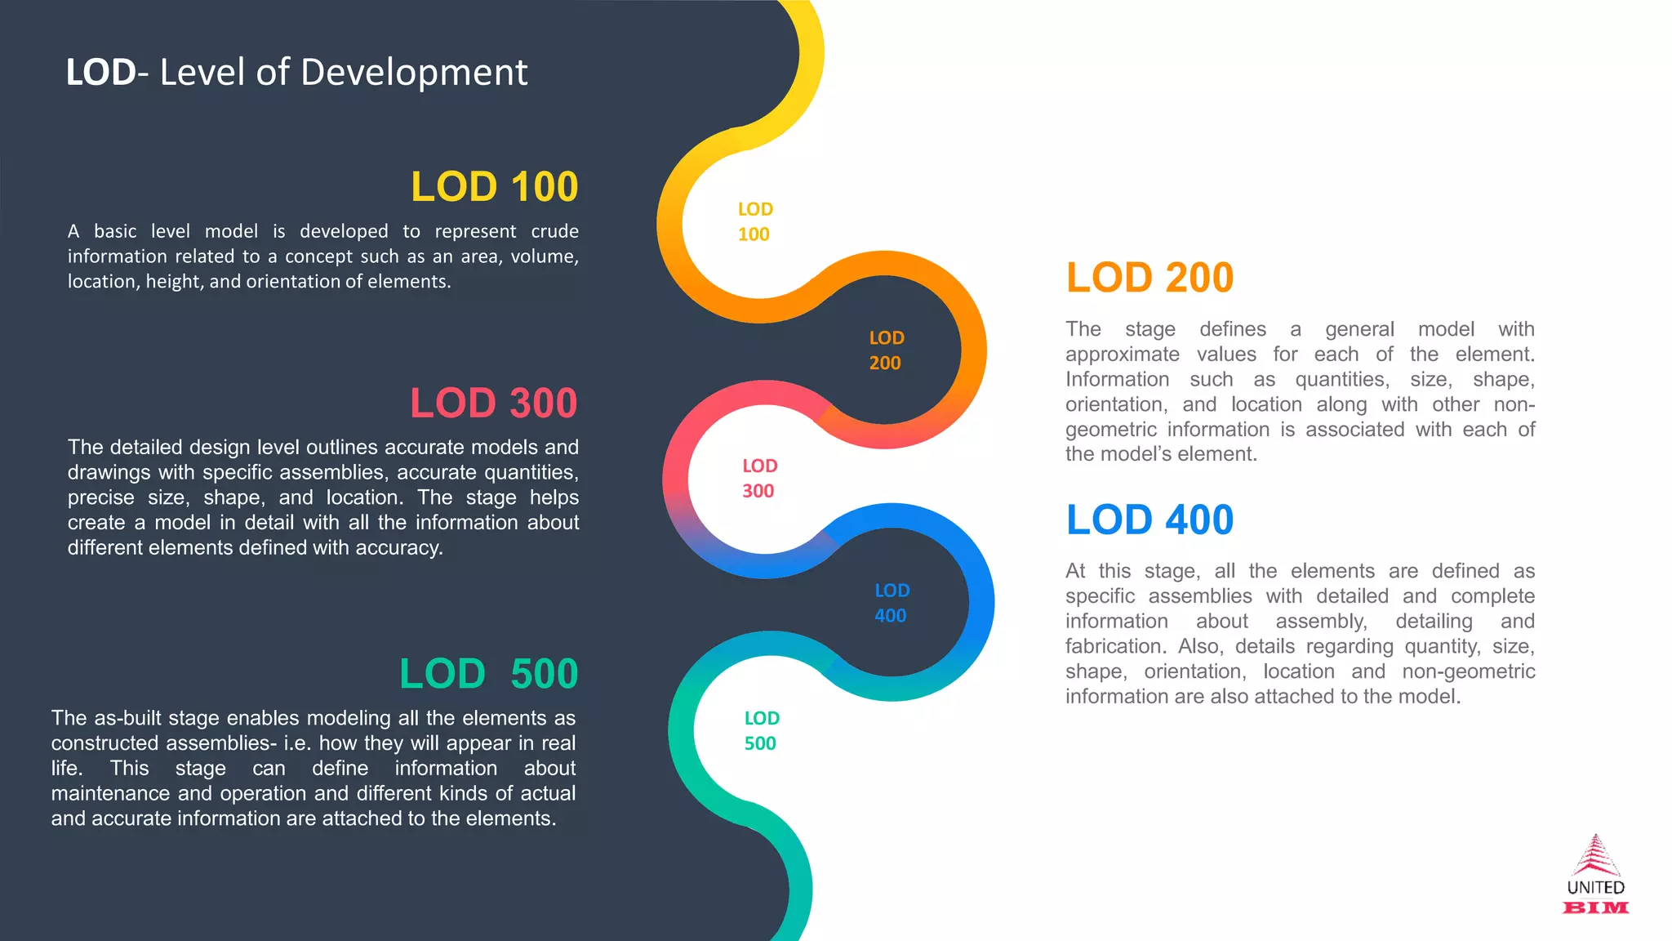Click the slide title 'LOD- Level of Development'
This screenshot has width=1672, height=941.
[296, 73]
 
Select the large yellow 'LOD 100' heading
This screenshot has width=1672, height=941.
[494, 187]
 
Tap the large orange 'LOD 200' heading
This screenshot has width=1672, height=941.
[1149, 278]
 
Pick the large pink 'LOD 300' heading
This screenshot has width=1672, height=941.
[493, 404]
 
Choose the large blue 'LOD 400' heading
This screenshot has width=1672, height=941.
[1149, 520]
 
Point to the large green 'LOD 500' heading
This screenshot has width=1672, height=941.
[488, 675]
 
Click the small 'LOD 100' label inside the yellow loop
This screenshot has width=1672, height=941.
[754, 222]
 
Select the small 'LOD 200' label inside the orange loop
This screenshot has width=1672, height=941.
[886, 350]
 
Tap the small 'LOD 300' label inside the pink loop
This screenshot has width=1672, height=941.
[759, 479]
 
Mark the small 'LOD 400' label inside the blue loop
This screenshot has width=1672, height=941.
[892, 603]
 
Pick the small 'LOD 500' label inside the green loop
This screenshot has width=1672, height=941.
[761, 731]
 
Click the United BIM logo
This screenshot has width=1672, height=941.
[1595, 875]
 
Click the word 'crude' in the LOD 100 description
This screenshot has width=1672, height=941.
[554, 232]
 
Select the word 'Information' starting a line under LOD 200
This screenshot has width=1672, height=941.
[1117, 380]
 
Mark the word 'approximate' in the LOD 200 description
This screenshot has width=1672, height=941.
[1122, 355]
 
